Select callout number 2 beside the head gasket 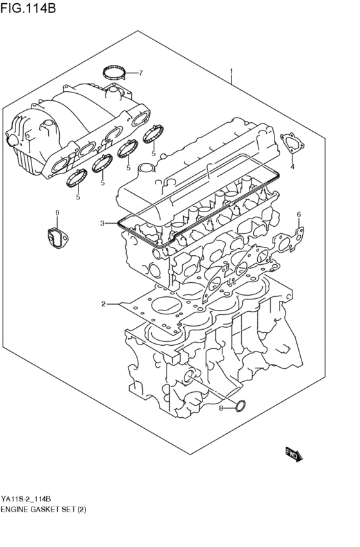pyautogui.click(x=103, y=303)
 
